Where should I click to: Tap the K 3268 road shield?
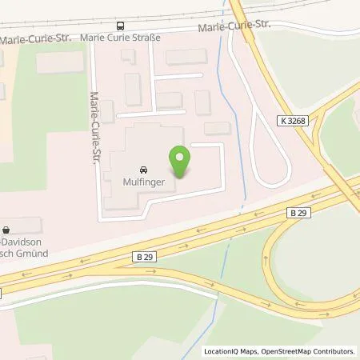point(293,120)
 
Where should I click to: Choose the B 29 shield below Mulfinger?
point(142,258)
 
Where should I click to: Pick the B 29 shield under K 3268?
point(298,212)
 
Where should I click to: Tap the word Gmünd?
point(33,253)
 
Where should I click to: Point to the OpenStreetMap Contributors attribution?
point(309,351)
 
